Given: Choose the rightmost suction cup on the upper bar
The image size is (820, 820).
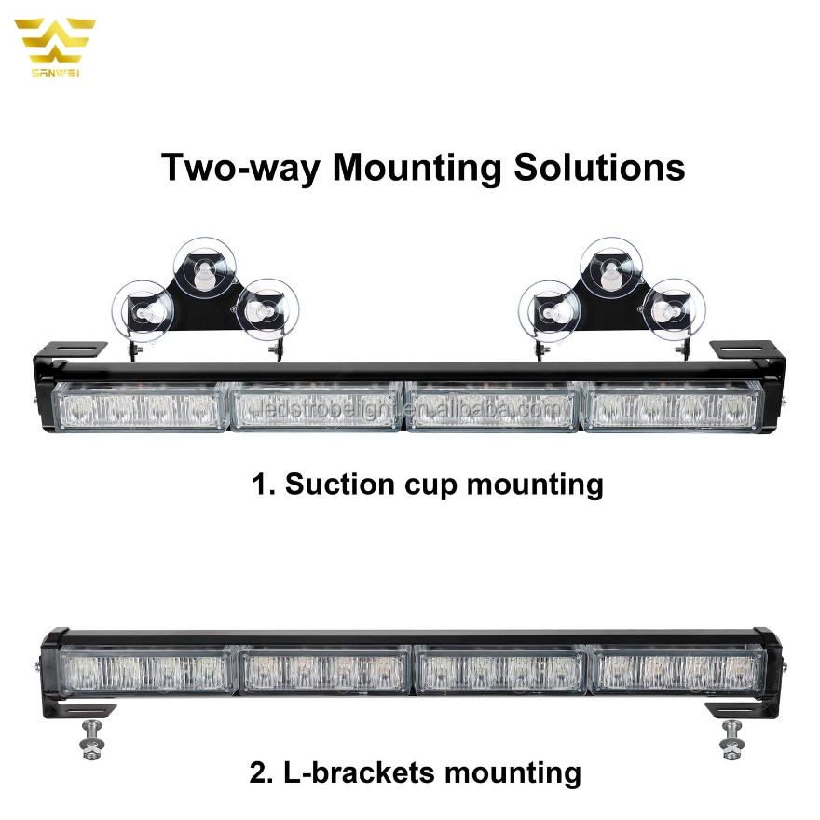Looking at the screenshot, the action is tap(673, 307).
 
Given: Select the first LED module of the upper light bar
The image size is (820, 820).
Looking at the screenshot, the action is tap(141, 407).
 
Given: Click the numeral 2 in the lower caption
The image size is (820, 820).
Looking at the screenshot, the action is tap(258, 773).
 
